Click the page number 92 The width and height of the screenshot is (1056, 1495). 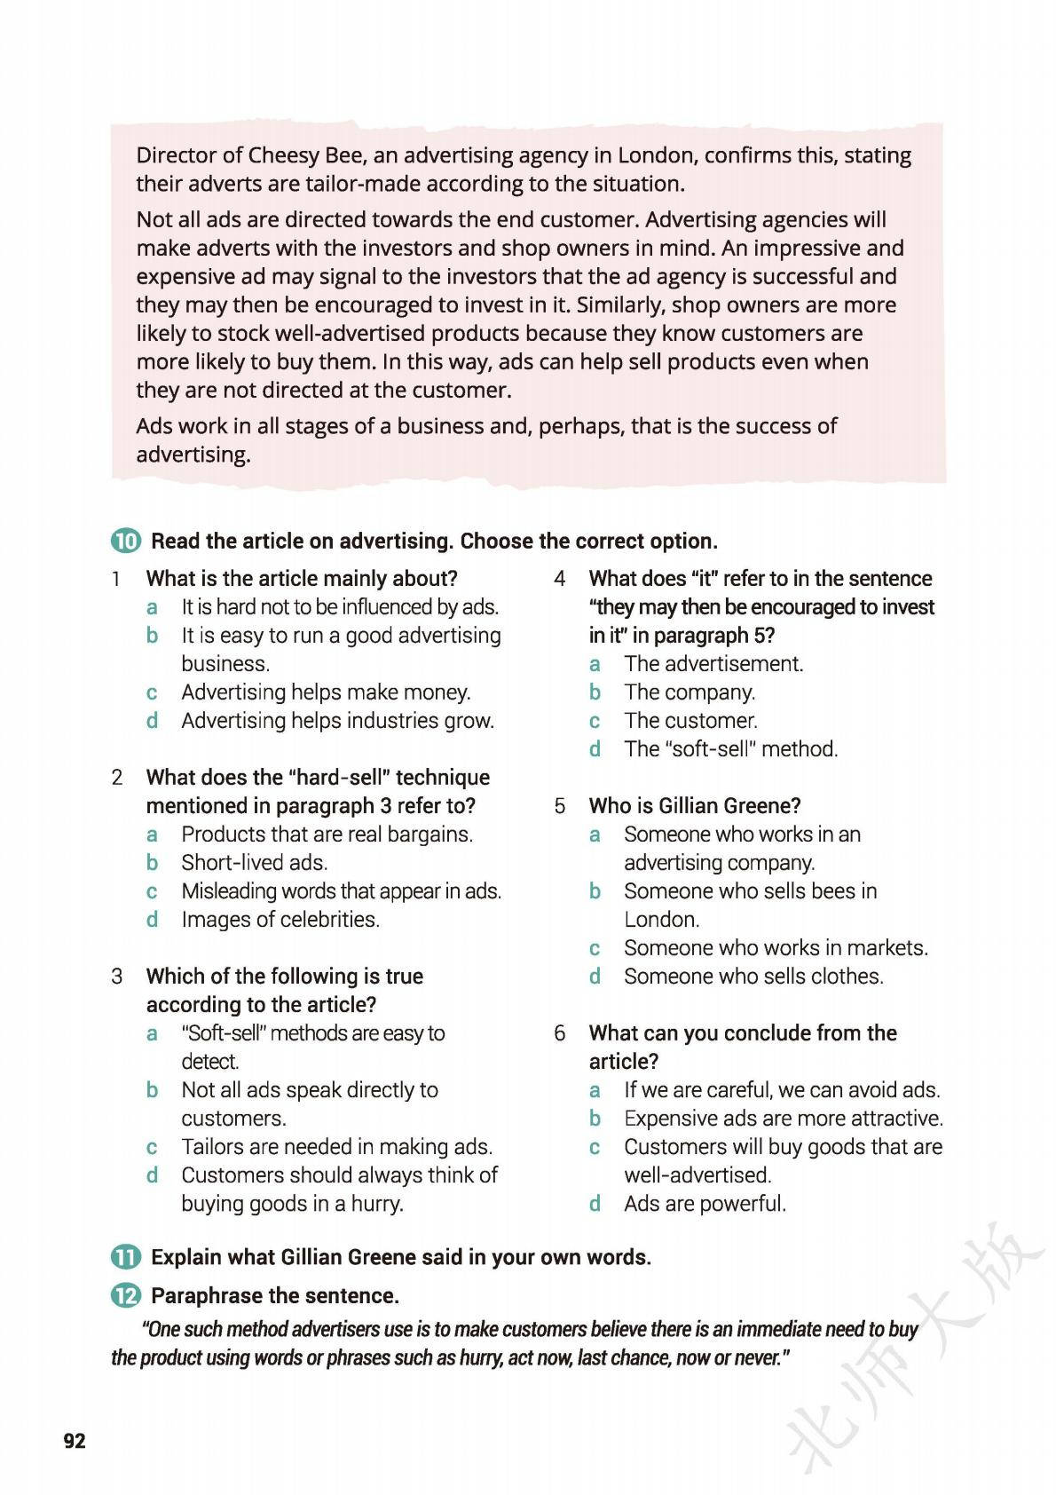[x=75, y=1440]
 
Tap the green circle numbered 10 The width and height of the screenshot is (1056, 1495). [x=126, y=542]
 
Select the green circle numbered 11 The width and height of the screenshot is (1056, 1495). [x=126, y=1257]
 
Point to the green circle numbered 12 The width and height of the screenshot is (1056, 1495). [x=126, y=1296]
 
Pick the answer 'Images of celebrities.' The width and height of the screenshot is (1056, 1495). [x=280, y=920]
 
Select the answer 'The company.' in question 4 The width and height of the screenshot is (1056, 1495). [x=690, y=692]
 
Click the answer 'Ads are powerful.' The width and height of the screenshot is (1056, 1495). [x=705, y=1204]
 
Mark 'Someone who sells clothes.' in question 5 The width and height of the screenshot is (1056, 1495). [x=753, y=977]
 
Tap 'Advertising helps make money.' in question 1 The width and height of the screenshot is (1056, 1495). [x=326, y=692]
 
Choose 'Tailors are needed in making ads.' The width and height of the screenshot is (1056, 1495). [x=336, y=1147]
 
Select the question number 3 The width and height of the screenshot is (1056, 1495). [x=117, y=977]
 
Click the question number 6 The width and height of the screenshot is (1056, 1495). [x=560, y=1033]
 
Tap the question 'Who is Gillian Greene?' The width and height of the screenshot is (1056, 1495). [x=695, y=806]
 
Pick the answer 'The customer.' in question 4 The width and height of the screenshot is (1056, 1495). [x=690, y=721]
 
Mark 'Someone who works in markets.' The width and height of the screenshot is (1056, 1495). [x=776, y=948]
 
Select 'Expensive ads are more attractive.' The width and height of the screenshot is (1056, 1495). [x=783, y=1119]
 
